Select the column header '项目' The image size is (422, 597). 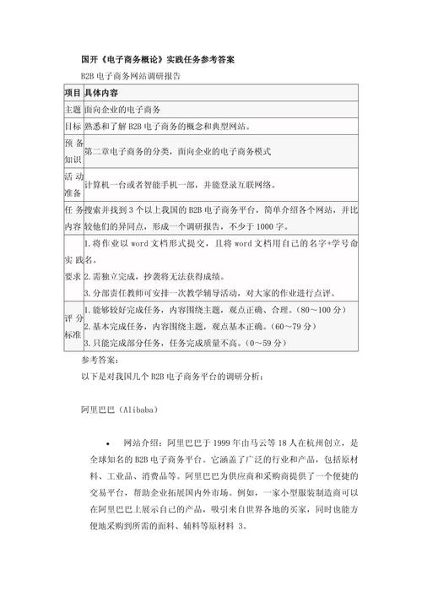pyautogui.click(x=73, y=93)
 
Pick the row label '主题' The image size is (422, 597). pyautogui.click(x=73, y=110)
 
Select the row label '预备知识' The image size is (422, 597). pyautogui.click(x=73, y=150)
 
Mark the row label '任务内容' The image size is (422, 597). pyautogui.click(x=73, y=218)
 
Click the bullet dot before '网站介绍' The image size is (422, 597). pyautogui.click(x=107, y=442)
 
